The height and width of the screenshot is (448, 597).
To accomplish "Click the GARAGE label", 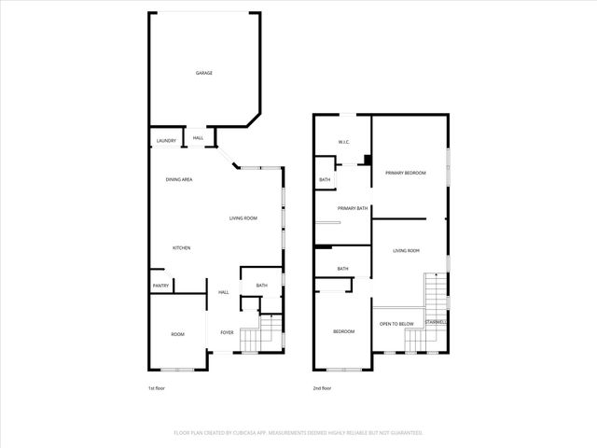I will pos(203,73).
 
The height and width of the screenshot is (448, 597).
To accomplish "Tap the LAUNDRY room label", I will pos(166,141).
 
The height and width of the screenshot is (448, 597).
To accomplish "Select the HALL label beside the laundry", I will pos(198,139).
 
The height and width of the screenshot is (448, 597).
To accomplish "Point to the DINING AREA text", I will pos(179,179).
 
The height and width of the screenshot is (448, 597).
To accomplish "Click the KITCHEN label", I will pos(181,247).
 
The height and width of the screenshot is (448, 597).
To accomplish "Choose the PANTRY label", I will pos(160,286).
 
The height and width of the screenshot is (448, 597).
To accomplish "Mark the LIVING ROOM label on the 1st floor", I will pos(243,218).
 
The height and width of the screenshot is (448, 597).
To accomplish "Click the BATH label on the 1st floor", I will pos(261,286).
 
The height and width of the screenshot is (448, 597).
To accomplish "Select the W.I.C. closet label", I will pos(342,143).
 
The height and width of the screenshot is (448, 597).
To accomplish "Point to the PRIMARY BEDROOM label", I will pos(409,174).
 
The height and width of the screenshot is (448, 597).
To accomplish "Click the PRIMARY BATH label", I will pos(353,209).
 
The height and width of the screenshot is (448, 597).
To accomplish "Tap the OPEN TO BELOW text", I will pos(396,324).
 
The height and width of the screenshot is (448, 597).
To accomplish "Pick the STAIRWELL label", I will pos(436,323).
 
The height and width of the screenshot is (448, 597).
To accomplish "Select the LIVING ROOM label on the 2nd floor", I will pos(406,250).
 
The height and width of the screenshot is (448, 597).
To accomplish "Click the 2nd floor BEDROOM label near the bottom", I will pos(343,331).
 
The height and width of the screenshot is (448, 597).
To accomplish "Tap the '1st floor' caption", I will pos(158,388).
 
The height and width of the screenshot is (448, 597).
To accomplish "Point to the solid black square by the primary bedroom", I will pos(368,160).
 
